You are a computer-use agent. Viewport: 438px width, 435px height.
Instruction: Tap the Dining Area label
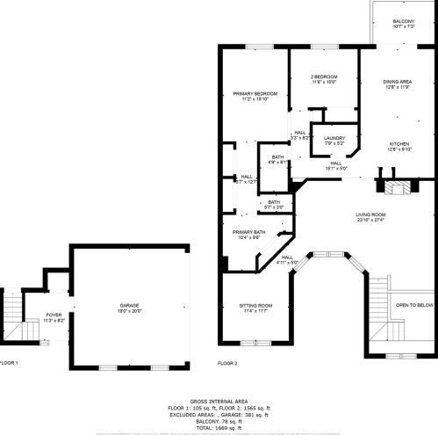click(399, 82)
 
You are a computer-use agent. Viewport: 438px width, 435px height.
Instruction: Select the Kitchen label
click(400, 143)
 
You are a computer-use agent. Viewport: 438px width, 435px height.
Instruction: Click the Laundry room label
click(334, 138)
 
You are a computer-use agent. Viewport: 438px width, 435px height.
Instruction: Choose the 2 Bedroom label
click(324, 77)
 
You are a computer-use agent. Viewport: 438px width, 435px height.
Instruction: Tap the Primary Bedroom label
click(255, 94)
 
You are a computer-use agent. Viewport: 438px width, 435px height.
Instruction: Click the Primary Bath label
click(248, 232)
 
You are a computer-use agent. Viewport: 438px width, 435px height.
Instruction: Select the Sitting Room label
click(256, 306)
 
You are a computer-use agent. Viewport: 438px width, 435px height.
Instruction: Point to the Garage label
click(129, 306)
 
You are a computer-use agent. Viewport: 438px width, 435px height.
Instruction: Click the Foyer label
click(54, 315)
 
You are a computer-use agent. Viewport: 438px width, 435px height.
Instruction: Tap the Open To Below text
click(414, 305)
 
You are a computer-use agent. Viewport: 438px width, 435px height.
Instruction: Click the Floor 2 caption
click(227, 362)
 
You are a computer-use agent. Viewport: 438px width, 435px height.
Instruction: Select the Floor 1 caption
click(9, 362)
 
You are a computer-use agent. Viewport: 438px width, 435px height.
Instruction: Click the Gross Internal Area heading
click(218, 400)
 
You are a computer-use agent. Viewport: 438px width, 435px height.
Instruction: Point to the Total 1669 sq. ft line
click(218, 426)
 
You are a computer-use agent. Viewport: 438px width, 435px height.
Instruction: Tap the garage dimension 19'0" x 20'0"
click(129, 311)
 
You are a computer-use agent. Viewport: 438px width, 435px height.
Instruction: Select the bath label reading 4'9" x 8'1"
click(277, 162)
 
